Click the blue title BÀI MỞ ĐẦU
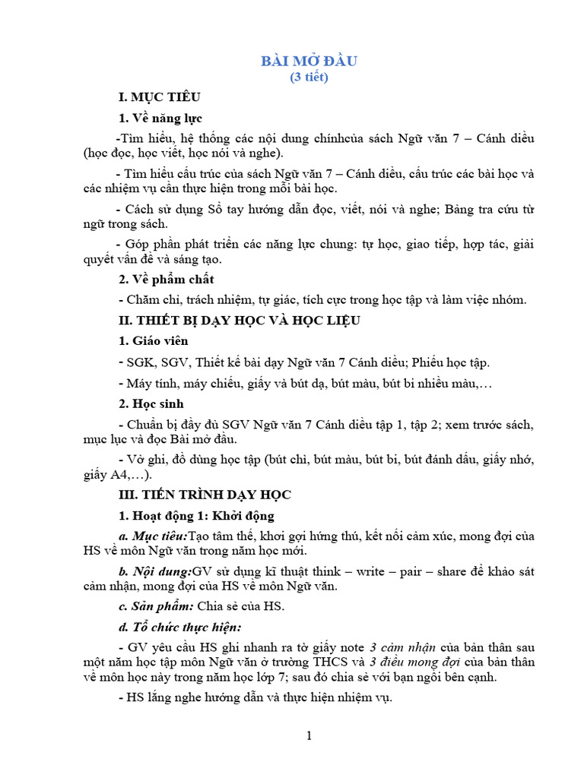point(309,61)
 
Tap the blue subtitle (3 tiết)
point(309,77)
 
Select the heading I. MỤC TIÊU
point(159,97)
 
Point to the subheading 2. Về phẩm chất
point(167,280)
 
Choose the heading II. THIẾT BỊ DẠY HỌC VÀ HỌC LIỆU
point(238,321)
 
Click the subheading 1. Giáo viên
point(154,341)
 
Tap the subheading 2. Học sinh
point(151,403)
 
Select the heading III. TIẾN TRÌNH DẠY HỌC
point(204,495)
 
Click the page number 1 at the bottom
point(309,736)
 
